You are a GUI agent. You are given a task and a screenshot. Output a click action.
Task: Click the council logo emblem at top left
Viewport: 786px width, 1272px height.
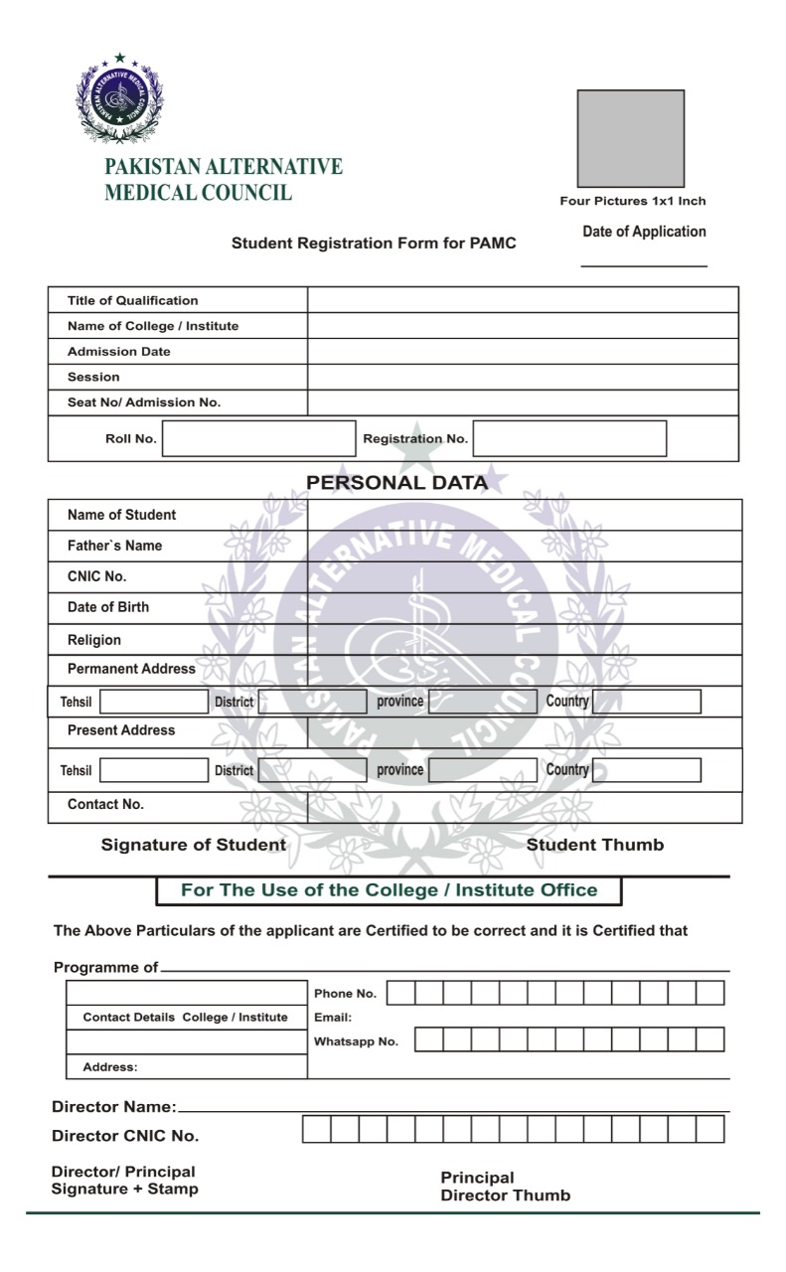[120, 98]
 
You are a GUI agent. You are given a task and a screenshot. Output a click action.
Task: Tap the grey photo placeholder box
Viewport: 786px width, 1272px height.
[630, 138]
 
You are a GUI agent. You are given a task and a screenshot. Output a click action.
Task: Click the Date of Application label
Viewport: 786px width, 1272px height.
[644, 232]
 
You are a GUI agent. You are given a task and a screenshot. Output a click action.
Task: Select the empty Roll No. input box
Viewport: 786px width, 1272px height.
[258, 438]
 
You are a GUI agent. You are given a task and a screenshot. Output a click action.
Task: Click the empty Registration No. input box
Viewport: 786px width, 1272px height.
[569, 438]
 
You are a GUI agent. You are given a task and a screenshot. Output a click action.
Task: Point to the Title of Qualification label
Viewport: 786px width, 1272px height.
[132, 300]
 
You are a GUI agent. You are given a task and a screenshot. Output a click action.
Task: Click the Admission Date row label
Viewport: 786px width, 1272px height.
[118, 352]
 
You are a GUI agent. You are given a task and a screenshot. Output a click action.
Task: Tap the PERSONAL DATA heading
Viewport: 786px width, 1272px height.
[396, 483]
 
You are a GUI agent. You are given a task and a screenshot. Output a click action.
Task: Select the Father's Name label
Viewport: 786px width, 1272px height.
[114, 546]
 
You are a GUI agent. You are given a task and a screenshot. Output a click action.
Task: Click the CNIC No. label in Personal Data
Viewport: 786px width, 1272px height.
[96, 576]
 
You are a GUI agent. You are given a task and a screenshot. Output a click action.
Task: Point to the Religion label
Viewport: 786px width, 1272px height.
[93, 640]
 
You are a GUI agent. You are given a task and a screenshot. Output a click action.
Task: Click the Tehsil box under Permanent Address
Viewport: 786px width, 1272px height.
[154, 702]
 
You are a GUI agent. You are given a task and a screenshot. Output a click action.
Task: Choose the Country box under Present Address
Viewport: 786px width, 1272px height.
[647, 770]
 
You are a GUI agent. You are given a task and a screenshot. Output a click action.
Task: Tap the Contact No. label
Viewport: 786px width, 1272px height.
[105, 804]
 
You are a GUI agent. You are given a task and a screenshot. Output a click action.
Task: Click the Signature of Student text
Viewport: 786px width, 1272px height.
[194, 845]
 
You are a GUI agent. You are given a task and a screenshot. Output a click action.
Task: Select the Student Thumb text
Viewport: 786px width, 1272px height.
[595, 845]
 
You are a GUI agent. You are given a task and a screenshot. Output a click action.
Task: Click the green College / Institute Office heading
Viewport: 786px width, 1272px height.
[390, 890]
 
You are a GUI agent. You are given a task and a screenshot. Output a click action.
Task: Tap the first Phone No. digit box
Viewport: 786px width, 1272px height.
[400, 993]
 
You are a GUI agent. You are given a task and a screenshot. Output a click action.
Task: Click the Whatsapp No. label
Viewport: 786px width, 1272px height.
[356, 1041]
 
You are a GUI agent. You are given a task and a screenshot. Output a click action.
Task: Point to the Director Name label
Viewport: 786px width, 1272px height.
[113, 1107]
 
